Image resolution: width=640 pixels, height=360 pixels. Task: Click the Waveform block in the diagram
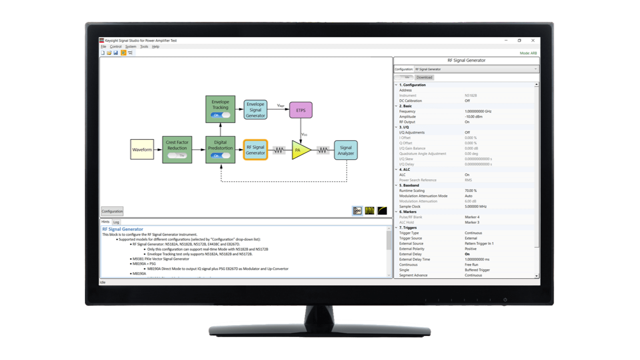(x=142, y=150)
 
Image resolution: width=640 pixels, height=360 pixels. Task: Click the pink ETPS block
(x=301, y=110)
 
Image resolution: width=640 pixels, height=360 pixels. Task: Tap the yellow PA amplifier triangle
(x=300, y=150)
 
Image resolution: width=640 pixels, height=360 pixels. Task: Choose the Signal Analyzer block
(x=346, y=150)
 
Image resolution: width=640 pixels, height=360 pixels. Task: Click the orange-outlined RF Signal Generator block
(x=255, y=150)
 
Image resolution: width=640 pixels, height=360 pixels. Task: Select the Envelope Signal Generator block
(x=255, y=110)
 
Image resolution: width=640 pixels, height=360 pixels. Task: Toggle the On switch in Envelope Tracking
(x=220, y=115)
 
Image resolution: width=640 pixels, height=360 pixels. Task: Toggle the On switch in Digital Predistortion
(x=220, y=156)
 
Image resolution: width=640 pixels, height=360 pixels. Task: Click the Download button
(x=424, y=77)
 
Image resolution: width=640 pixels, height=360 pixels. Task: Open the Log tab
(x=116, y=222)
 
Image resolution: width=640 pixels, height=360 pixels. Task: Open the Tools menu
(x=144, y=46)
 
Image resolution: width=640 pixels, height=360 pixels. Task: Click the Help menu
(x=156, y=46)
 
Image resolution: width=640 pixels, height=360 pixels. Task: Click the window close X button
(x=533, y=40)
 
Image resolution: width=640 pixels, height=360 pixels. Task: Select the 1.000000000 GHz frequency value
(x=478, y=111)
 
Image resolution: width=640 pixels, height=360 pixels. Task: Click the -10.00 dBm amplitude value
(x=474, y=116)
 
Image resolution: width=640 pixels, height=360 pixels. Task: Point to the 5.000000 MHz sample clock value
(x=476, y=206)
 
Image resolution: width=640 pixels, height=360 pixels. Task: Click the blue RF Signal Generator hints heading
(x=123, y=229)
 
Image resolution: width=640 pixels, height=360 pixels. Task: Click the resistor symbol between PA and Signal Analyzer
(x=323, y=150)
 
